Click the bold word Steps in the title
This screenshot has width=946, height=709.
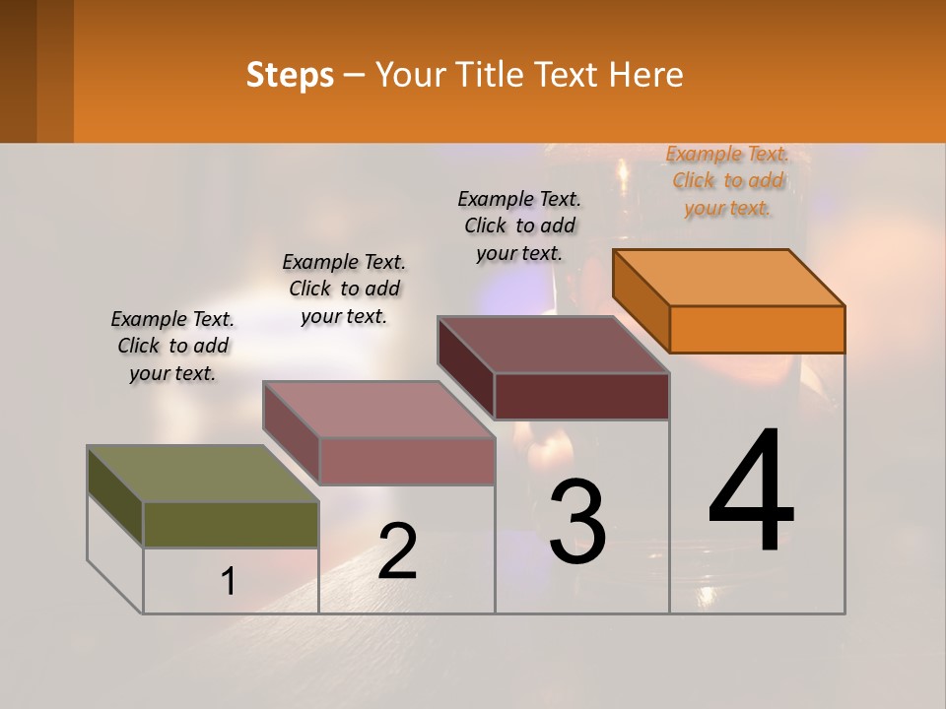tap(290, 76)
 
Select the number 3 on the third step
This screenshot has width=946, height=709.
tap(577, 522)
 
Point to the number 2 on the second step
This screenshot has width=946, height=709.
tap(397, 551)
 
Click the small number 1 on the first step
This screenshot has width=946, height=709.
tap(229, 582)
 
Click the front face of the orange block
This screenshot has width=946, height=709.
tap(757, 329)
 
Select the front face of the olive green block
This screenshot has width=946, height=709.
tap(231, 524)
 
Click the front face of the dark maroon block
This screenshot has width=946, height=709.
tap(581, 396)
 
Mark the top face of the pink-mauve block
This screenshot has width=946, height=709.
tap(378, 410)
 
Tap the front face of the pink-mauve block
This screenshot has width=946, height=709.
tap(407, 461)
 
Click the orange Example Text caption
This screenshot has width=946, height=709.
tap(727, 180)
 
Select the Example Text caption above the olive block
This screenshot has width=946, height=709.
tap(172, 346)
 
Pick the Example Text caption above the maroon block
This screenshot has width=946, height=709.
tap(519, 226)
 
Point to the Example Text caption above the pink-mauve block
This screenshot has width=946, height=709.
tap(344, 289)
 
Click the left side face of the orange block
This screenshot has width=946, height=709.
tap(642, 299)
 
